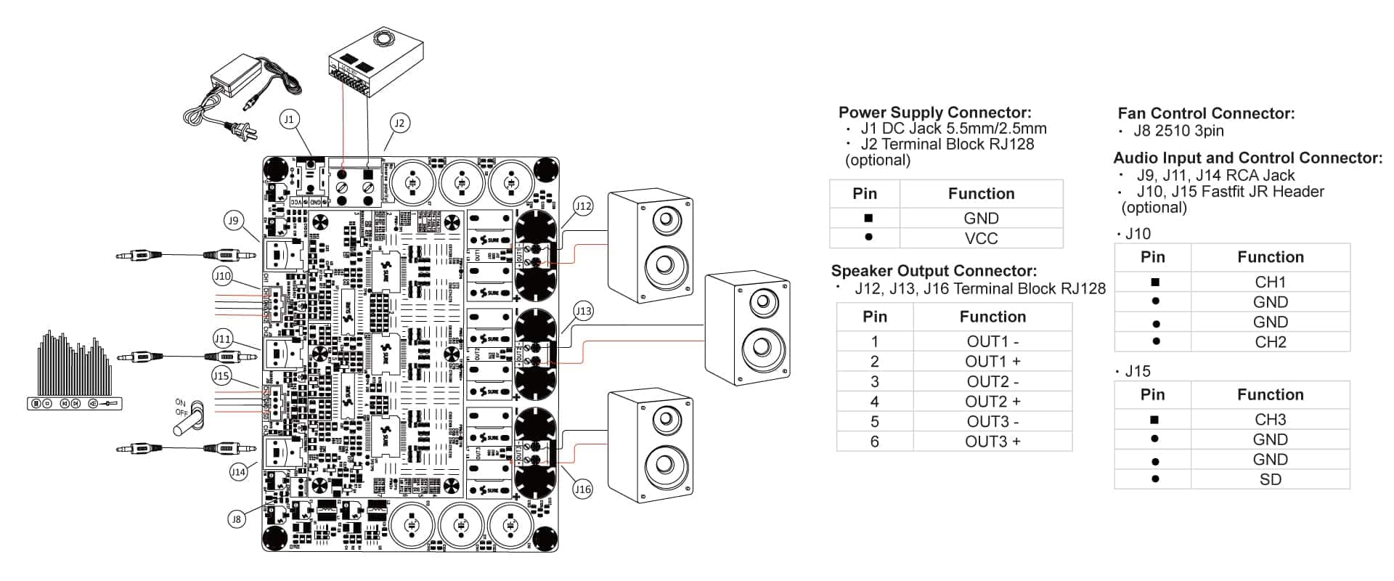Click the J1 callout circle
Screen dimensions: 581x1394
pyautogui.click(x=289, y=119)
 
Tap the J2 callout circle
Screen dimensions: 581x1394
pyautogui.click(x=399, y=123)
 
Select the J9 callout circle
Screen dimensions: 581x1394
pyautogui.click(x=232, y=221)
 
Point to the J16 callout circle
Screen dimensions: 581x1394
pyautogui.click(x=582, y=489)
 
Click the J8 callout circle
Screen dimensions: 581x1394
pyautogui.click(x=235, y=519)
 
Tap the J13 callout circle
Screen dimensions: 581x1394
pyautogui.click(x=582, y=312)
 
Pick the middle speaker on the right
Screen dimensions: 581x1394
pyautogui.click(x=748, y=328)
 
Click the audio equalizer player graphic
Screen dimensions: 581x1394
pyautogui.click(x=75, y=372)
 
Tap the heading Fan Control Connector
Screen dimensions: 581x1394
pyautogui.click(x=1206, y=113)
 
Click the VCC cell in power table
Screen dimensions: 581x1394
pyautogui.click(x=981, y=238)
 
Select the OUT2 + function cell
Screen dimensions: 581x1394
pyautogui.click(x=992, y=402)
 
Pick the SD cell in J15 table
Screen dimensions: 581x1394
pyautogui.click(x=1270, y=479)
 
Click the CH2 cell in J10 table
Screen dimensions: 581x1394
pyautogui.click(x=1270, y=342)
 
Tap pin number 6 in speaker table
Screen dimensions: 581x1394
pyautogui.click(x=874, y=442)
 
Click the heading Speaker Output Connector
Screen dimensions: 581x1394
pyautogui.click(x=934, y=271)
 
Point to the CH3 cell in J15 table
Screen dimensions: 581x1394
pyautogui.click(x=1270, y=420)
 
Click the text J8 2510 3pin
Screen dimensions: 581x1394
pyautogui.click(x=1178, y=131)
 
